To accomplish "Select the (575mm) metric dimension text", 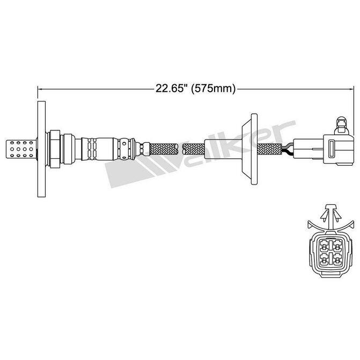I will click(x=213, y=89).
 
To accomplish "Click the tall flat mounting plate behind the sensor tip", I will click(x=41, y=145).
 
